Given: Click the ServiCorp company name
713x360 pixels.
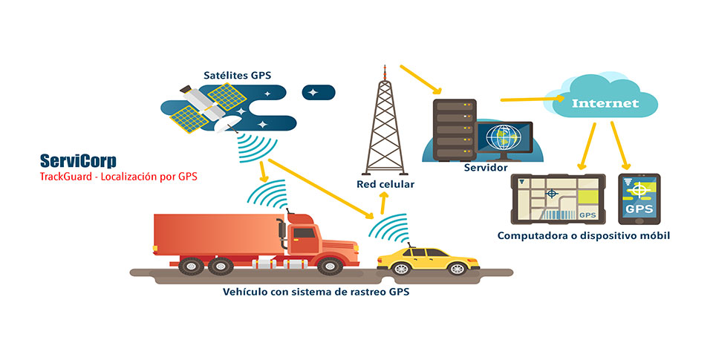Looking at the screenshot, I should pos(78,161).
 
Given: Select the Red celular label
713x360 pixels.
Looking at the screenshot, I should pos(385,183).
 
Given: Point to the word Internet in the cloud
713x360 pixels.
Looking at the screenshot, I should pos(605,103).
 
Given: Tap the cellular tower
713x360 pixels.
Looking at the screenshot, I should pos(385,126).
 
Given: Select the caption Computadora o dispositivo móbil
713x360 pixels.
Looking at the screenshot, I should pos(585,235).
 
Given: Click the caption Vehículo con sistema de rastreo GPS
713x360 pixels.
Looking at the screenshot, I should pos(316,292).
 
